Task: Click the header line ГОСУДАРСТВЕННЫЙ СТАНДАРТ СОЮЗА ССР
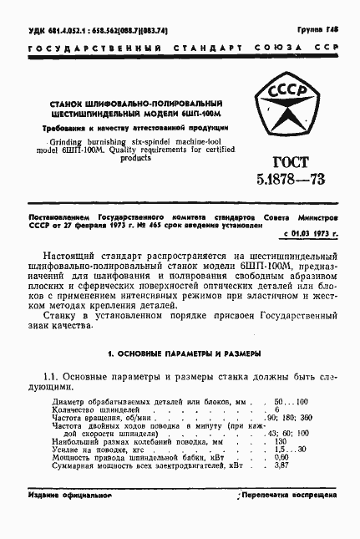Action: coord(179,49)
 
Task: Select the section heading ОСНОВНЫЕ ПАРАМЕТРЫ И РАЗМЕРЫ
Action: coord(179,353)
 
